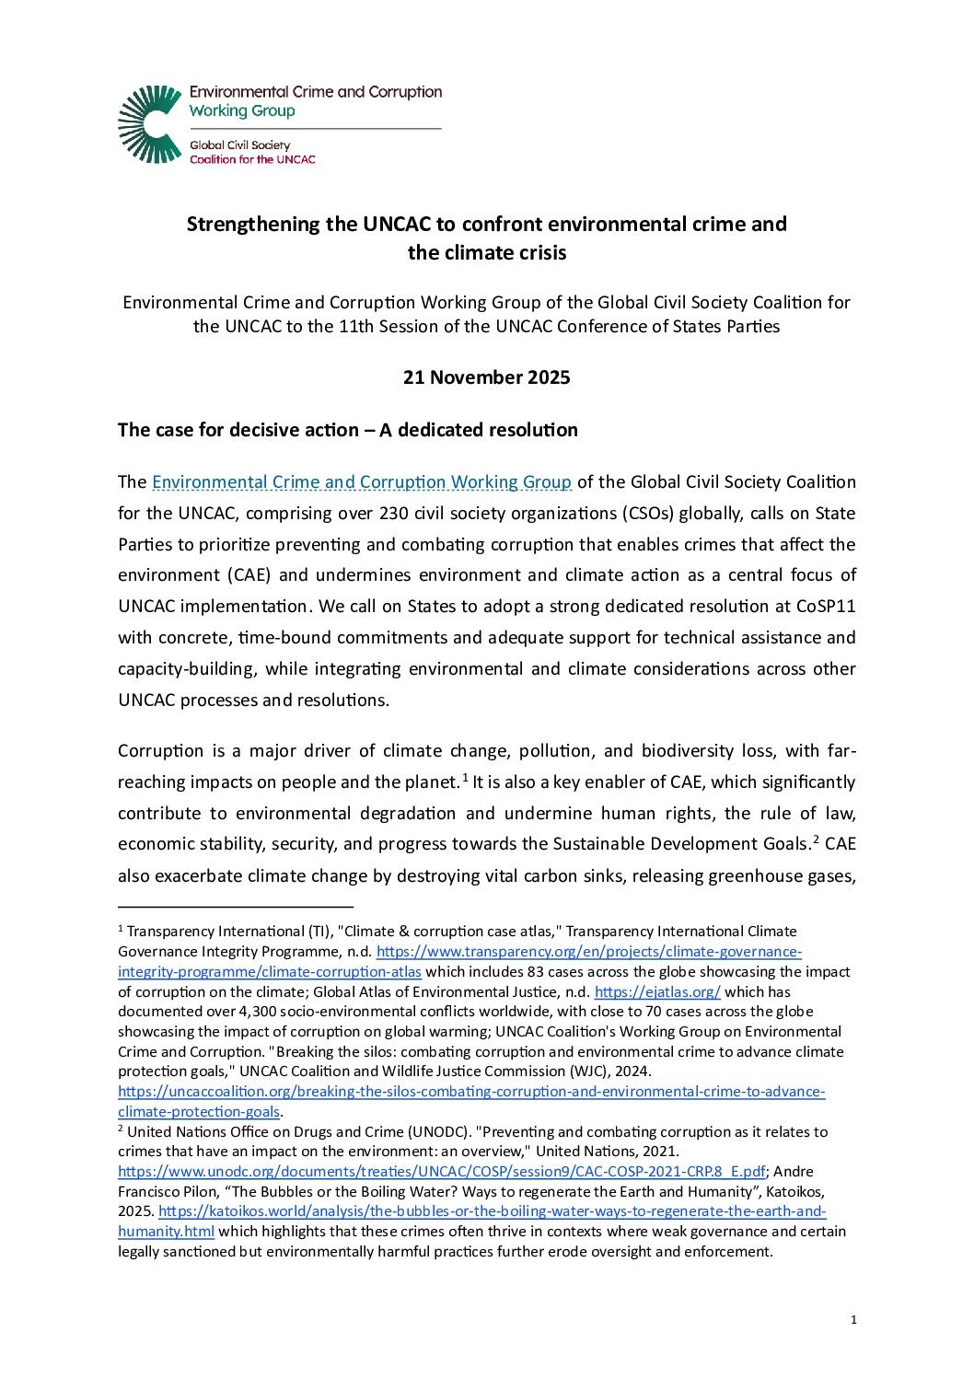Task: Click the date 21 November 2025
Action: point(486,377)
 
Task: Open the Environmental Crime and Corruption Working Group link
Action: point(362,482)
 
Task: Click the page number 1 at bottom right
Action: point(853,1320)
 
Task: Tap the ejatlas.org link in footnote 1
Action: point(657,992)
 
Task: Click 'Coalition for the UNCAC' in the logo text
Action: point(252,159)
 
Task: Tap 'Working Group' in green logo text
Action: point(242,111)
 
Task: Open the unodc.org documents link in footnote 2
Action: point(442,1172)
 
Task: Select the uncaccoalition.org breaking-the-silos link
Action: point(471,1092)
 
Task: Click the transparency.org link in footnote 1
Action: point(589,952)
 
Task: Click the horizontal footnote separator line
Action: point(236,908)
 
